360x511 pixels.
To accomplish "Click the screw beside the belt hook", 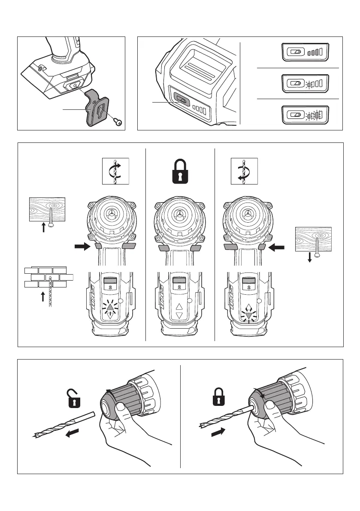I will tap(118, 122).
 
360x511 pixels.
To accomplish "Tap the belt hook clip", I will tap(100, 108).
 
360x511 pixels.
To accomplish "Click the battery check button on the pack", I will tap(182, 101).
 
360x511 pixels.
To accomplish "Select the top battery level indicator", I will tap(305, 52).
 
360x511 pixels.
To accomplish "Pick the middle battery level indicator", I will tap(305, 83).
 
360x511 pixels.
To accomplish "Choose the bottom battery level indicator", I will tap(305, 115).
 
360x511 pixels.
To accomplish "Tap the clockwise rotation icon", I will tap(115, 171).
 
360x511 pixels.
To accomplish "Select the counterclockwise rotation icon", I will tap(244, 171).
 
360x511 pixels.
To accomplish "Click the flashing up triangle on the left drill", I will tap(111, 307).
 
